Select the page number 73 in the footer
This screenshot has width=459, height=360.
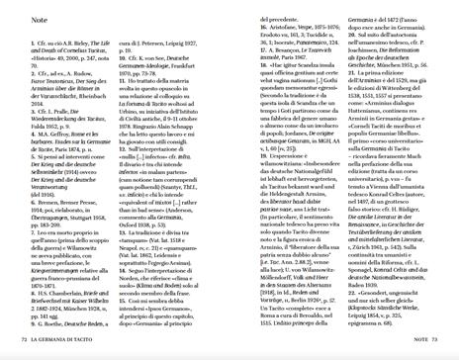coord(438,340)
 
